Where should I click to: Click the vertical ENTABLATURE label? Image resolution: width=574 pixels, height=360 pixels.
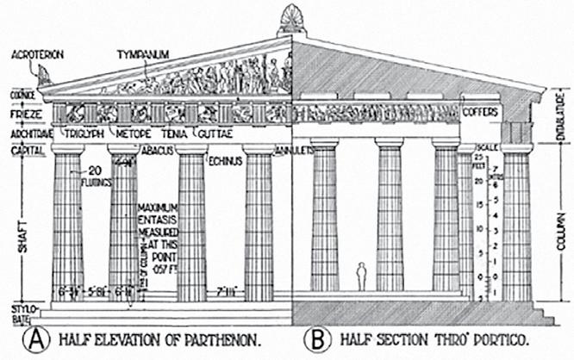pyautogui.click(x=559, y=112)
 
